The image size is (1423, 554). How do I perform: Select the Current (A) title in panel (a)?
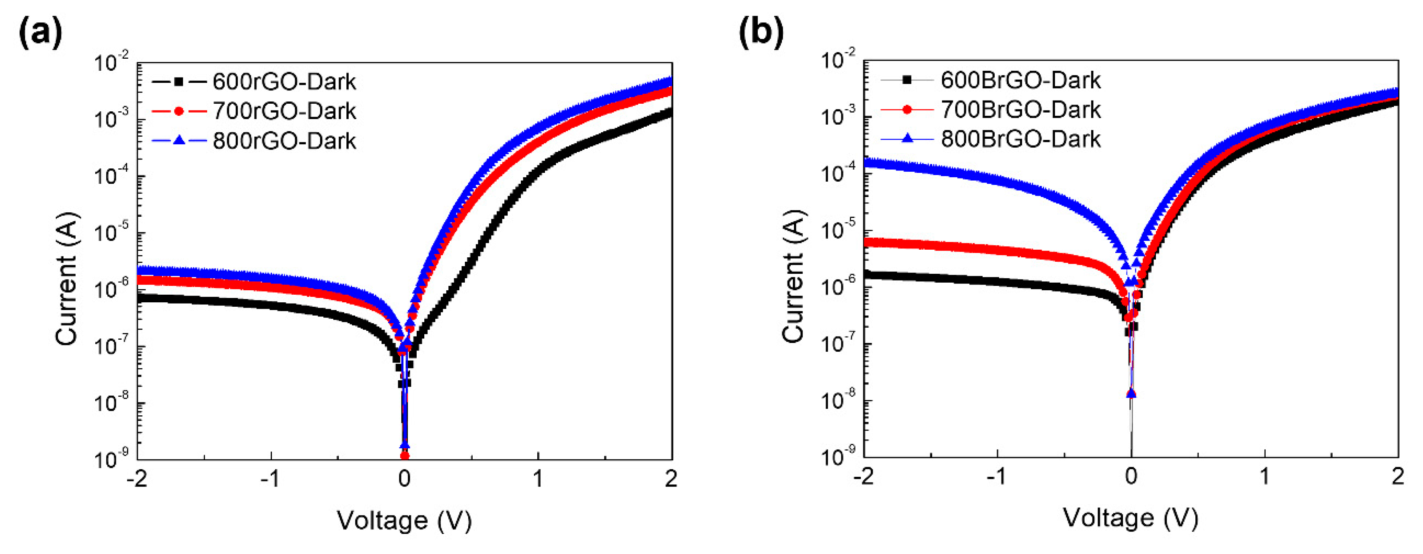[x=68, y=279]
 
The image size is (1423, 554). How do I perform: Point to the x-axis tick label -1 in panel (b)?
[x=997, y=476]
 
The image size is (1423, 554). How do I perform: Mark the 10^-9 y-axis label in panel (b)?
[x=838, y=456]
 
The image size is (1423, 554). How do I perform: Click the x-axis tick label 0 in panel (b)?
[x=1131, y=476]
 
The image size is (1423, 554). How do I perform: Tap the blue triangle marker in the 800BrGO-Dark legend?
[x=907, y=139]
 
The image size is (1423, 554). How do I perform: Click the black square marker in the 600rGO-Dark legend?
[x=178, y=82]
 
